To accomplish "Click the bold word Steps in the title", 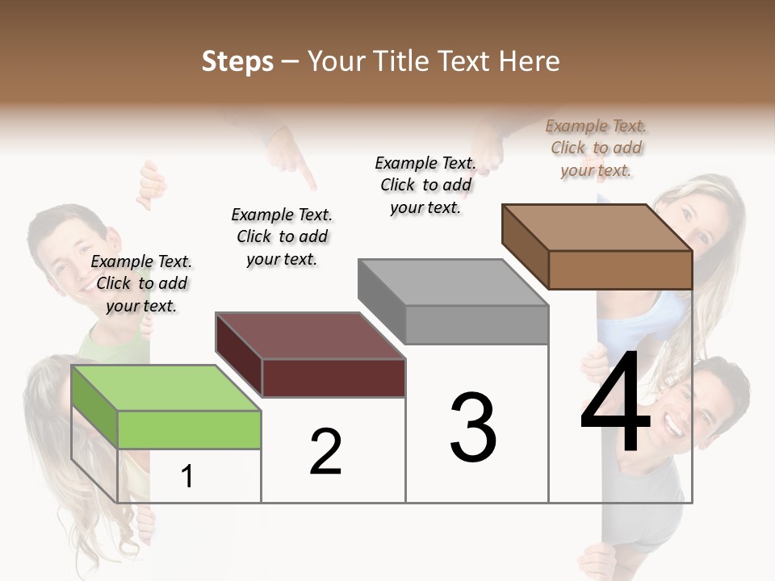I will point(237,61).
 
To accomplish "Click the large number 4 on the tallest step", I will point(615,403).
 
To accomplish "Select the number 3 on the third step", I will point(472,428).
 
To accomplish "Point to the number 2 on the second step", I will point(326,452).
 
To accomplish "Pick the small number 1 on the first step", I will point(187,477).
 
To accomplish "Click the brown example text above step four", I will point(596,148).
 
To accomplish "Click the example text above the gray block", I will point(425,185).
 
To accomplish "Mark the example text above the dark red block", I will point(282,236).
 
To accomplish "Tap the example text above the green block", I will point(141,283).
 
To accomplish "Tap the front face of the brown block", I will point(620,270).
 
